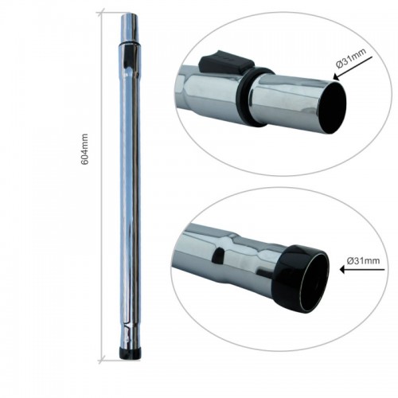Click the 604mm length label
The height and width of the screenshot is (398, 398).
point(84,149)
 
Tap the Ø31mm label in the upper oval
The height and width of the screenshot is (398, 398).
point(351,58)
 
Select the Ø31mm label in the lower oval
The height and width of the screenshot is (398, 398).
point(363,260)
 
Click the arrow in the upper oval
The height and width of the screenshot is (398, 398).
point(353,68)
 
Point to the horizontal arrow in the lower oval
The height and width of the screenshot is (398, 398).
point(362,270)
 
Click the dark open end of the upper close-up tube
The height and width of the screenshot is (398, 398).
point(332,107)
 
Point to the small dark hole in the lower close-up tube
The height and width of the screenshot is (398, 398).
point(218,256)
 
